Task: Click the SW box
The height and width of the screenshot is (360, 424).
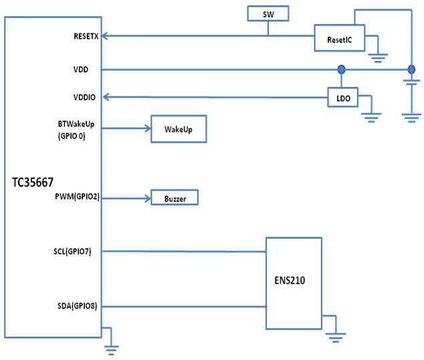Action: coord(268,13)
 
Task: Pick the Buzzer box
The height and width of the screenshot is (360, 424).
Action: coord(175,199)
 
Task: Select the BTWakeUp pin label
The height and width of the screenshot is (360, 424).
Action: coord(80,124)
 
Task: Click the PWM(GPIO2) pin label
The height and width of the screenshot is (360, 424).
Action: coord(77,198)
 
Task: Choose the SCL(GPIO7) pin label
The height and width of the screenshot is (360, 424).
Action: coord(78,252)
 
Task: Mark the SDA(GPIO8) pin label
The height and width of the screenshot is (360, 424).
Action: coord(77,307)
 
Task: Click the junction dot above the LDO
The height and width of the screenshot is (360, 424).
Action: coord(342,69)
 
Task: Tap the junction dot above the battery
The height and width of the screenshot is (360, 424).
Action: coord(411,69)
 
